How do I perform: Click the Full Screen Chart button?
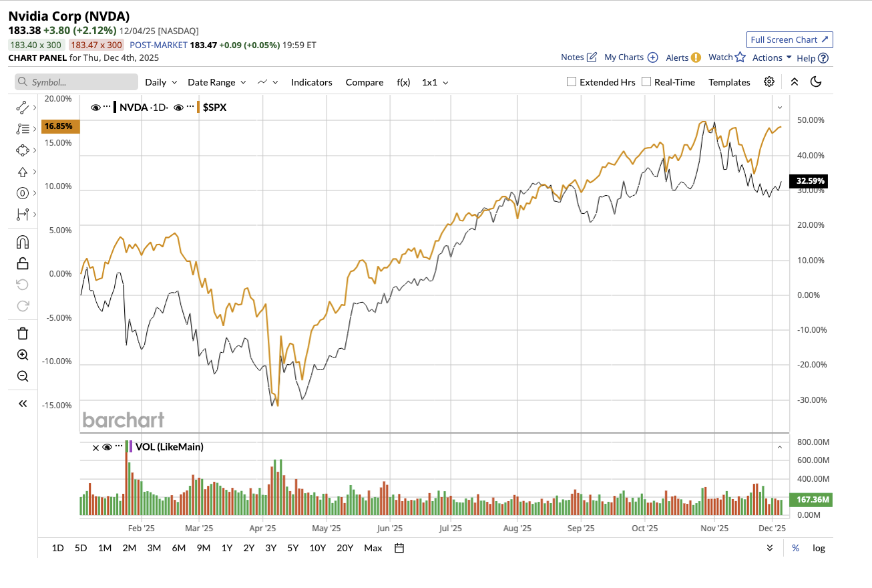coord(789,39)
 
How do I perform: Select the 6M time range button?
coord(178,548)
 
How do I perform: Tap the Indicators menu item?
coord(311,82)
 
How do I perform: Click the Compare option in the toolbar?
coord(364,82)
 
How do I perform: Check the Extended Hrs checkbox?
coord(572,82)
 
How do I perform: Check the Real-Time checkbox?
coord(646,82)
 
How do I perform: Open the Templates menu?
coord(729,82)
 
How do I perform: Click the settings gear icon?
coord(769,82)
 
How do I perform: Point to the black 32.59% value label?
coord(811,180)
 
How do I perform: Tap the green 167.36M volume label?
coord(811,499)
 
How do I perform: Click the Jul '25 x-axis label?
coord(451,528)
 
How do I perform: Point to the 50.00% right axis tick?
coord(811,120)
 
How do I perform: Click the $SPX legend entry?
coord(214,107)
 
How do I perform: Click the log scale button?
coord(819,548)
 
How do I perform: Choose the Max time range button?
coord(373,548)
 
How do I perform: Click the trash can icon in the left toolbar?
coord(23,333)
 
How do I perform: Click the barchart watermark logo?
coord(123,420)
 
